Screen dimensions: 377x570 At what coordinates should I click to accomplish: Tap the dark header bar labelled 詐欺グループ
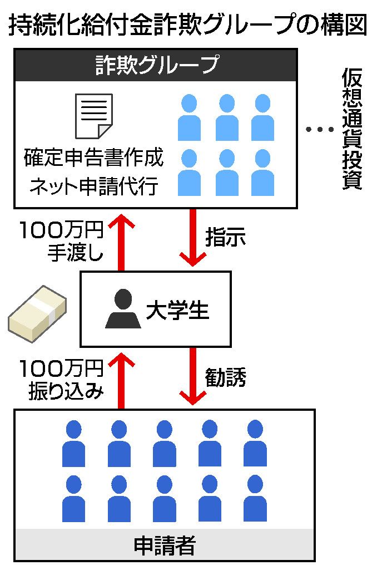point(156,65)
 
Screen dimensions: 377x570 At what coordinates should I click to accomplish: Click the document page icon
point(94,116)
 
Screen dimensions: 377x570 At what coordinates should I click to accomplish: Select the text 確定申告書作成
point(94,158)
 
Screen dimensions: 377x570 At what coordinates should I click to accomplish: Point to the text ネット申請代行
point(94,186)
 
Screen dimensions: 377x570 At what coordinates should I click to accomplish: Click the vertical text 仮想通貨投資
point(352,129)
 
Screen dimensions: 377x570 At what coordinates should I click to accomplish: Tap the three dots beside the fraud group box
point(320,129)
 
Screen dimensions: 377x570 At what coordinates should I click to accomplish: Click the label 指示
point(226,237)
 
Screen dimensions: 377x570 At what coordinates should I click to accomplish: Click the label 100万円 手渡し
point(62,241)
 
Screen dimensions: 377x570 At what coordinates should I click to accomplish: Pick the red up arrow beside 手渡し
point(121,242)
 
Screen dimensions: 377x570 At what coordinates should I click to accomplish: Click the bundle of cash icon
point(37,313)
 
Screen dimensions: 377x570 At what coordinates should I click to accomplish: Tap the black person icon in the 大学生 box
point(123,308)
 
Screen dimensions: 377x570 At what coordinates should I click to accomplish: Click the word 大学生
point(177,310)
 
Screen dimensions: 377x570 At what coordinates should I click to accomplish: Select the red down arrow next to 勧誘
point(192,376)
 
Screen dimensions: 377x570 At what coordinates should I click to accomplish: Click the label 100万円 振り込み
point(62,380)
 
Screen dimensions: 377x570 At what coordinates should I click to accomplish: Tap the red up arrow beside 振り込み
point(121,381)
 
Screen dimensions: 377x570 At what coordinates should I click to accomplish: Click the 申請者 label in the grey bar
point(165,545)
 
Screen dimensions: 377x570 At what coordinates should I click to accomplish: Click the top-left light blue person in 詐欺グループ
point(189,117)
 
